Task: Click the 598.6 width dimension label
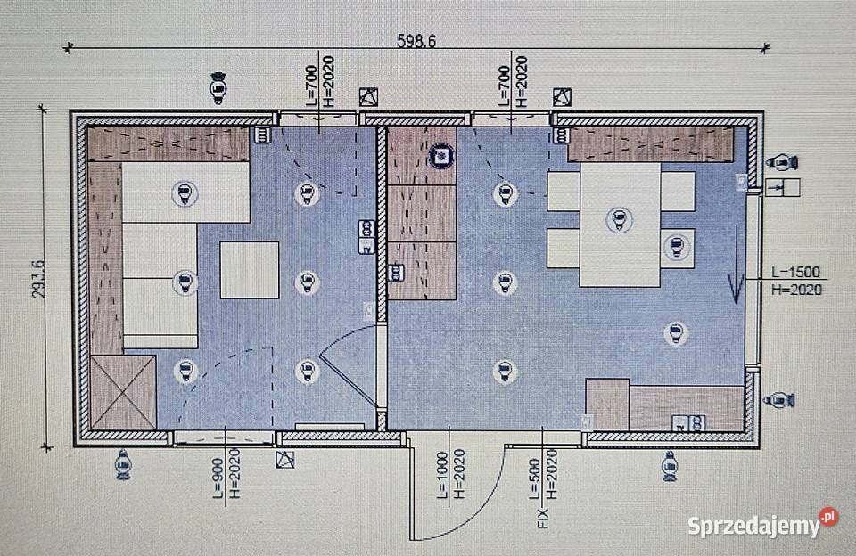pos(416,41)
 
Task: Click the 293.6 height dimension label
pos(38,279)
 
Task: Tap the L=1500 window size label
pos(795,273)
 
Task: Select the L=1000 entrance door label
pos(442,474)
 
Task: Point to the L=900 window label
pos(218,478)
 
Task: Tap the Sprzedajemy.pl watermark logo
pos(762,524)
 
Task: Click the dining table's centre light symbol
pos(619,219)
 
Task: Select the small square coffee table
pos(250,270)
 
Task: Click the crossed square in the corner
pos(123,392)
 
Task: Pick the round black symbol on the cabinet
pos(440,156)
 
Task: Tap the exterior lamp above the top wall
pos(218,87)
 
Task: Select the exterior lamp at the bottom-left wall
pos(123,465)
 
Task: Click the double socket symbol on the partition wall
pos(366,237)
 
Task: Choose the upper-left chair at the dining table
pos(564,191)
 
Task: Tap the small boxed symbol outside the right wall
pos(782,187)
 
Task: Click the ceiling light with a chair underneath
pos(677,247)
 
